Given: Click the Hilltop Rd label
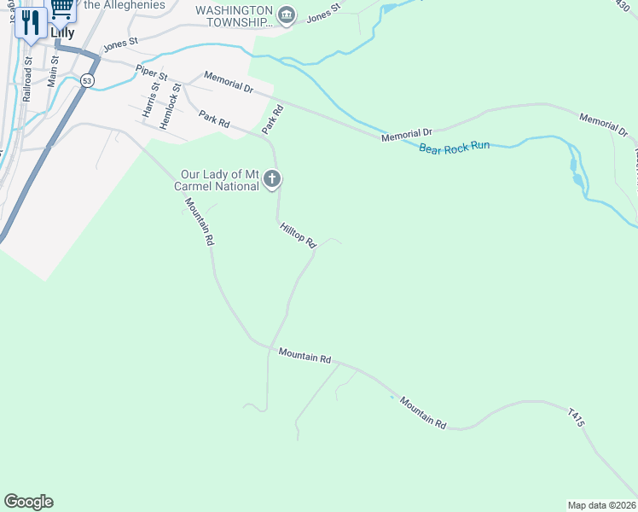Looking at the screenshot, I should [298, 236].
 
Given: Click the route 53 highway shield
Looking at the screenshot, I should [88, 79].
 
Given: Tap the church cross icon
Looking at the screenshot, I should [272, 179].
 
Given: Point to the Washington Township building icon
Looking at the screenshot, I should [287, 15].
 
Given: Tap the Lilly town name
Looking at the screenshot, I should [61, 33].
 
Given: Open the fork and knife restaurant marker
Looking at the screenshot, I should [32, 22].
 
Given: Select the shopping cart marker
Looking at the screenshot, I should [61, 9].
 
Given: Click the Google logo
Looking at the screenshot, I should [28, 502].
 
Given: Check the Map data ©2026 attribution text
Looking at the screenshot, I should [601, 505].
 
